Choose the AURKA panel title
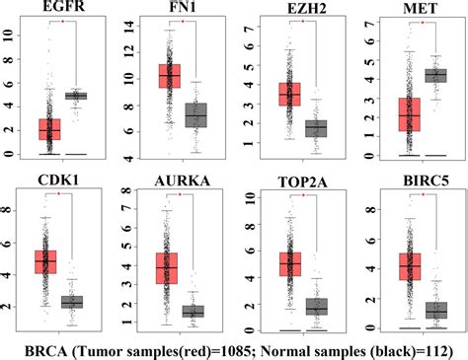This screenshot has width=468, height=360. coord(178,182)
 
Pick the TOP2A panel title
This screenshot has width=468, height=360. coord(293,182)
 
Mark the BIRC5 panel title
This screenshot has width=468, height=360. coord(410,182)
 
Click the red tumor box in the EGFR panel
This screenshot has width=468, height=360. coord(49,129)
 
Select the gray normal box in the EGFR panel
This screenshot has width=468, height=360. coord(75,96)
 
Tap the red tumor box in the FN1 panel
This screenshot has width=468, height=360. coord(177,76)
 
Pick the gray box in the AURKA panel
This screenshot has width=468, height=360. coord(193,312)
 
